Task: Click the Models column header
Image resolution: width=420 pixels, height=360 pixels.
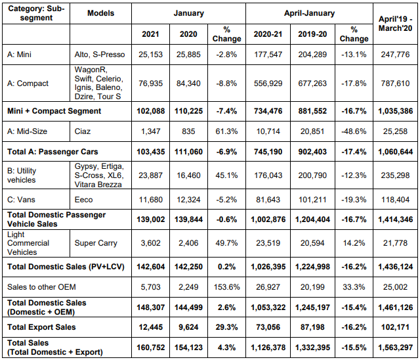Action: (100, 13)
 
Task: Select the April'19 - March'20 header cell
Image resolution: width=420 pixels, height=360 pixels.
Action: (395, 24)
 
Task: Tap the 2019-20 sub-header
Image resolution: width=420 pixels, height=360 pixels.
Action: (312, 34)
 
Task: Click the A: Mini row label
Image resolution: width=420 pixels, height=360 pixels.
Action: (19, 55)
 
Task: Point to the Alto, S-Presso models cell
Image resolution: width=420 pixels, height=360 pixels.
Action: (100, 55)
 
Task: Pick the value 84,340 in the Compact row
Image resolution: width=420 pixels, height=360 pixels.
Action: (188, 83)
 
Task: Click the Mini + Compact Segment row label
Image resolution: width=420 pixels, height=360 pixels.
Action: (54, 111)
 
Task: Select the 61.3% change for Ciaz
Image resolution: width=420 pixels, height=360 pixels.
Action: (226, 131)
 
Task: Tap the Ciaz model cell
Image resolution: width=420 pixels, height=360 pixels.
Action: (83, 131)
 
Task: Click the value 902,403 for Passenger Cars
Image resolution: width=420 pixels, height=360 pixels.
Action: (312, 152)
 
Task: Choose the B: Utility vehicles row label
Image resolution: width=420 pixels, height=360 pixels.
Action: (22, 175)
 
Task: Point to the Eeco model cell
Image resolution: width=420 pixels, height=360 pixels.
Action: (83, 200)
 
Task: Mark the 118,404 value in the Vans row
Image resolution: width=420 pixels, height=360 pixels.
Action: (395, 200)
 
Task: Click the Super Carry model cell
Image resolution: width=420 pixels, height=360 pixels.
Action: (96, 243)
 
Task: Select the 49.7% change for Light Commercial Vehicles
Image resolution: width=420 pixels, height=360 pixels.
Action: (226, 243)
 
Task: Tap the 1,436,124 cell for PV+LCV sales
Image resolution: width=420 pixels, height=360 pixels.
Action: (395, 267)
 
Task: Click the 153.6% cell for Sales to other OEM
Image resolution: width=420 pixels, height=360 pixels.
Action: (226, 287)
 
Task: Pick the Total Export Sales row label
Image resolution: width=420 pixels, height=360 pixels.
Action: (41, 327)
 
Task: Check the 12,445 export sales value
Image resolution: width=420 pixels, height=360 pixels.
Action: (150, 327)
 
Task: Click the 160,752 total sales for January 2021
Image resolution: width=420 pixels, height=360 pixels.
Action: (150, 348)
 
